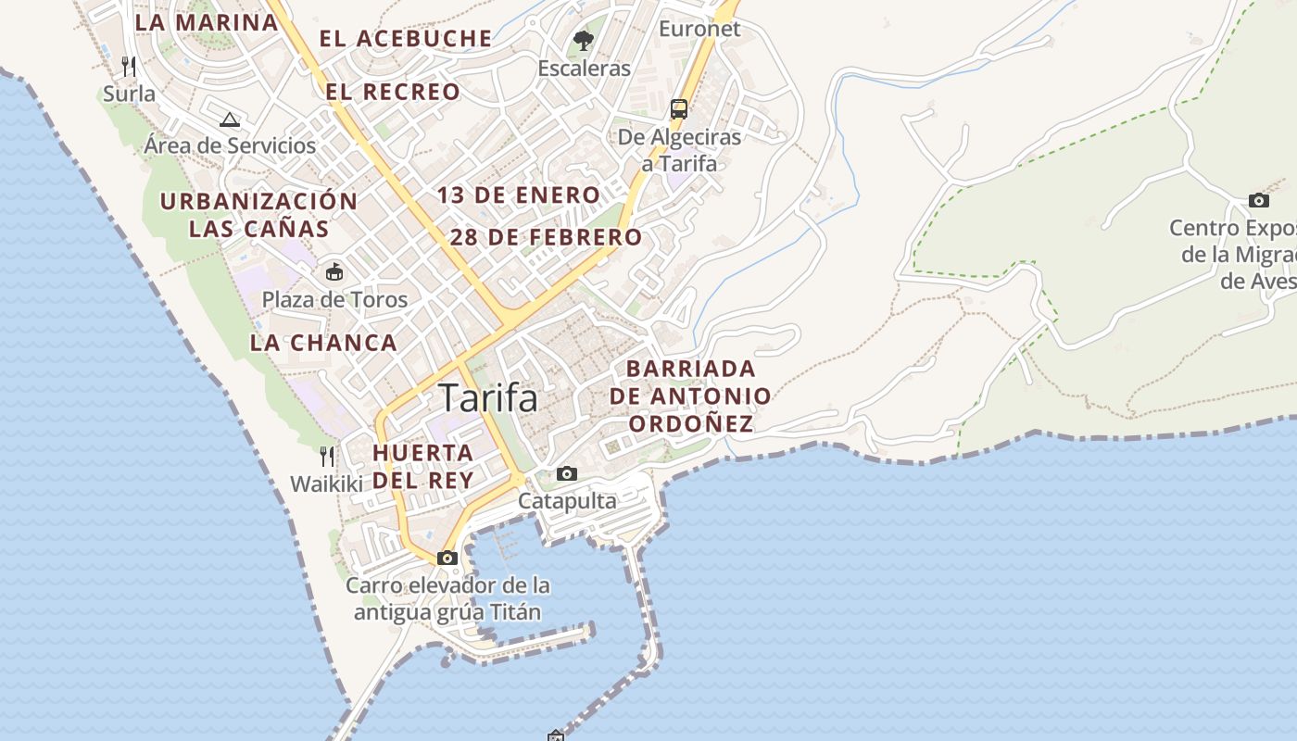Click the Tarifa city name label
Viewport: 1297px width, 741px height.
[x=488, y=397]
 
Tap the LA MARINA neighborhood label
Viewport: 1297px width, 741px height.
[x=207, y=22]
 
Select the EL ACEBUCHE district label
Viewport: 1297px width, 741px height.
[x=406, y=38]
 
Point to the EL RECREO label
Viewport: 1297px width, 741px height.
[x=393, y=92]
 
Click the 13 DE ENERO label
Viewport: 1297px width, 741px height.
[x=519, y=195]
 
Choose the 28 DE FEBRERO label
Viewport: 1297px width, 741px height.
[x=546, y=237]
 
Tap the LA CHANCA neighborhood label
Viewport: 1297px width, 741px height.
[x=323, y=343]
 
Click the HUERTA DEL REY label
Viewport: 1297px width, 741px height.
[x=423, y=466]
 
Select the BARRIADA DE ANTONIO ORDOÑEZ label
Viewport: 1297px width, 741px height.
[x=690, y=396]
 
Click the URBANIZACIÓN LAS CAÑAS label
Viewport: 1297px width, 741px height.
[x=258, y=215]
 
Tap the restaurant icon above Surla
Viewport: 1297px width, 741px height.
[x=129, y=66]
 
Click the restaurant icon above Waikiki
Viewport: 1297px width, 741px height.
[x=326, y=456]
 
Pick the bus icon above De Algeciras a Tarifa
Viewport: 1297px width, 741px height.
[x=679, y=108]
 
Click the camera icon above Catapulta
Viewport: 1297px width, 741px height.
[x=567, y=473]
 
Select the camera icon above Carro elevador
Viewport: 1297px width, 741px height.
[x=447, y=558]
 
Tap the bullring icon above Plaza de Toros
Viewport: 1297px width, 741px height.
[x=334, y=271]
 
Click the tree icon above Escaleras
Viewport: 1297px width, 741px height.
[x=584, y=40]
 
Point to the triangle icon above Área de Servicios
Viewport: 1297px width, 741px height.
[x=230, y=119]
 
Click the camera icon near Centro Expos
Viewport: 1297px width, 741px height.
[x=1258, y=200]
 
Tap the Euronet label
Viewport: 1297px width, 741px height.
[x=699, y=29]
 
